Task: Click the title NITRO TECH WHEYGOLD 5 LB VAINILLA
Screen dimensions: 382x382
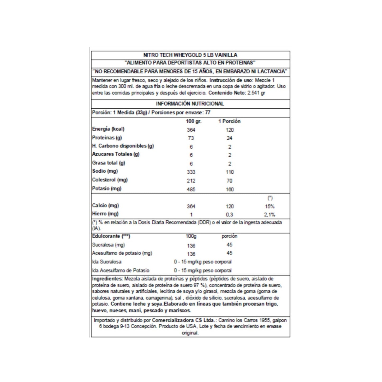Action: (x=190, y=55)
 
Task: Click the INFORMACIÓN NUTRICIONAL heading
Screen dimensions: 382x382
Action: (x=190, y=104)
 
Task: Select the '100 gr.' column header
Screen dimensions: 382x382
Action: (x=194, y=121)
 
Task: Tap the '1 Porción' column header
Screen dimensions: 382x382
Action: (x=229, y=121)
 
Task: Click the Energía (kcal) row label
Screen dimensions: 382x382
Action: (x=108, y=129)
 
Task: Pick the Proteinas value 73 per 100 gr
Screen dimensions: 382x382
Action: (x=191, y=138)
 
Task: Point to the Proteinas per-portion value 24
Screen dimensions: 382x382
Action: (x=229, y=138)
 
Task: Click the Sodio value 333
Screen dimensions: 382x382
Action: (x=191, y=172)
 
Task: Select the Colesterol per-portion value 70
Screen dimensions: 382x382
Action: (x=229, y=181)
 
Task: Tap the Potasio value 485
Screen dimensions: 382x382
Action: (x=191, y=189)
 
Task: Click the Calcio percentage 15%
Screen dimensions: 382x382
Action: (x=270, y=206)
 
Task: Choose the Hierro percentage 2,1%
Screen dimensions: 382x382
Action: (x=269, y=215)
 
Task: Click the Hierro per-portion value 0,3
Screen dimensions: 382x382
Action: (x=229, y=215)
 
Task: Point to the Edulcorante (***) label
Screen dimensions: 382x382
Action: (x=111, y=236)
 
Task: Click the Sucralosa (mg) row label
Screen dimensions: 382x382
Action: (x=108, y=245)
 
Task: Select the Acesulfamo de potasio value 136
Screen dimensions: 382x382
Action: (x=191, y=254)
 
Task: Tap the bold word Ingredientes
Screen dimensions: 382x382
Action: (x=107, y=279)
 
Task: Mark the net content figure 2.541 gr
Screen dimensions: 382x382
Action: (x=256, y=93)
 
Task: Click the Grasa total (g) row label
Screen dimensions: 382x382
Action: (x=108, y=163)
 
